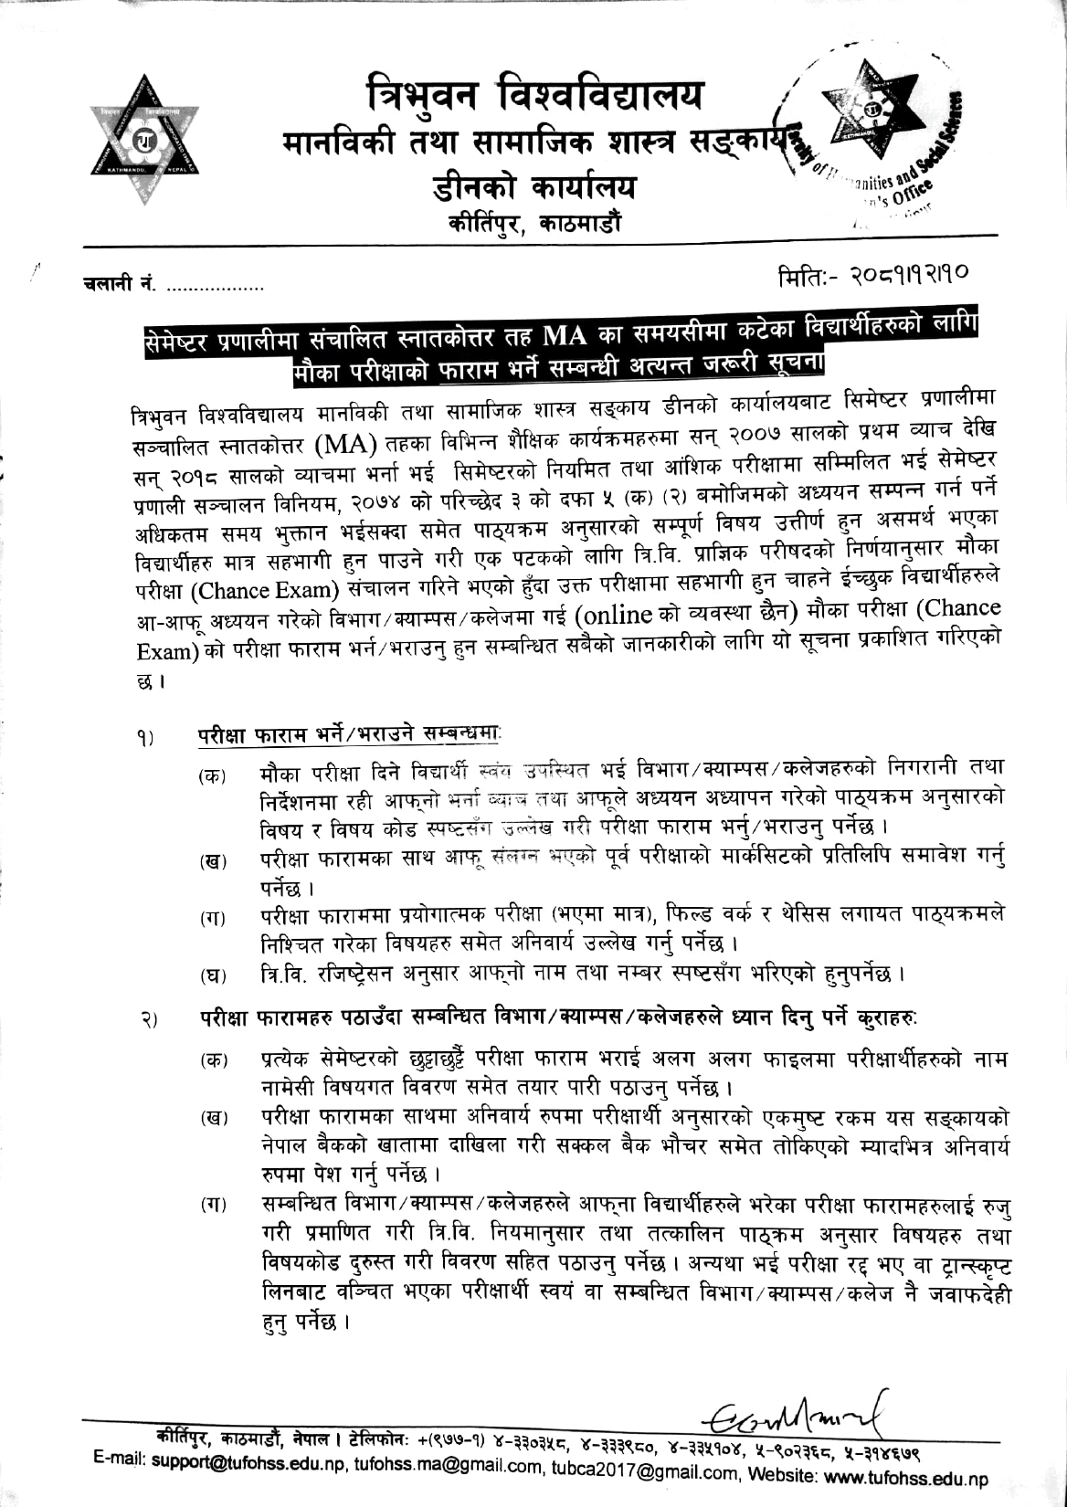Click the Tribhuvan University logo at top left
pos(142,139)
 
